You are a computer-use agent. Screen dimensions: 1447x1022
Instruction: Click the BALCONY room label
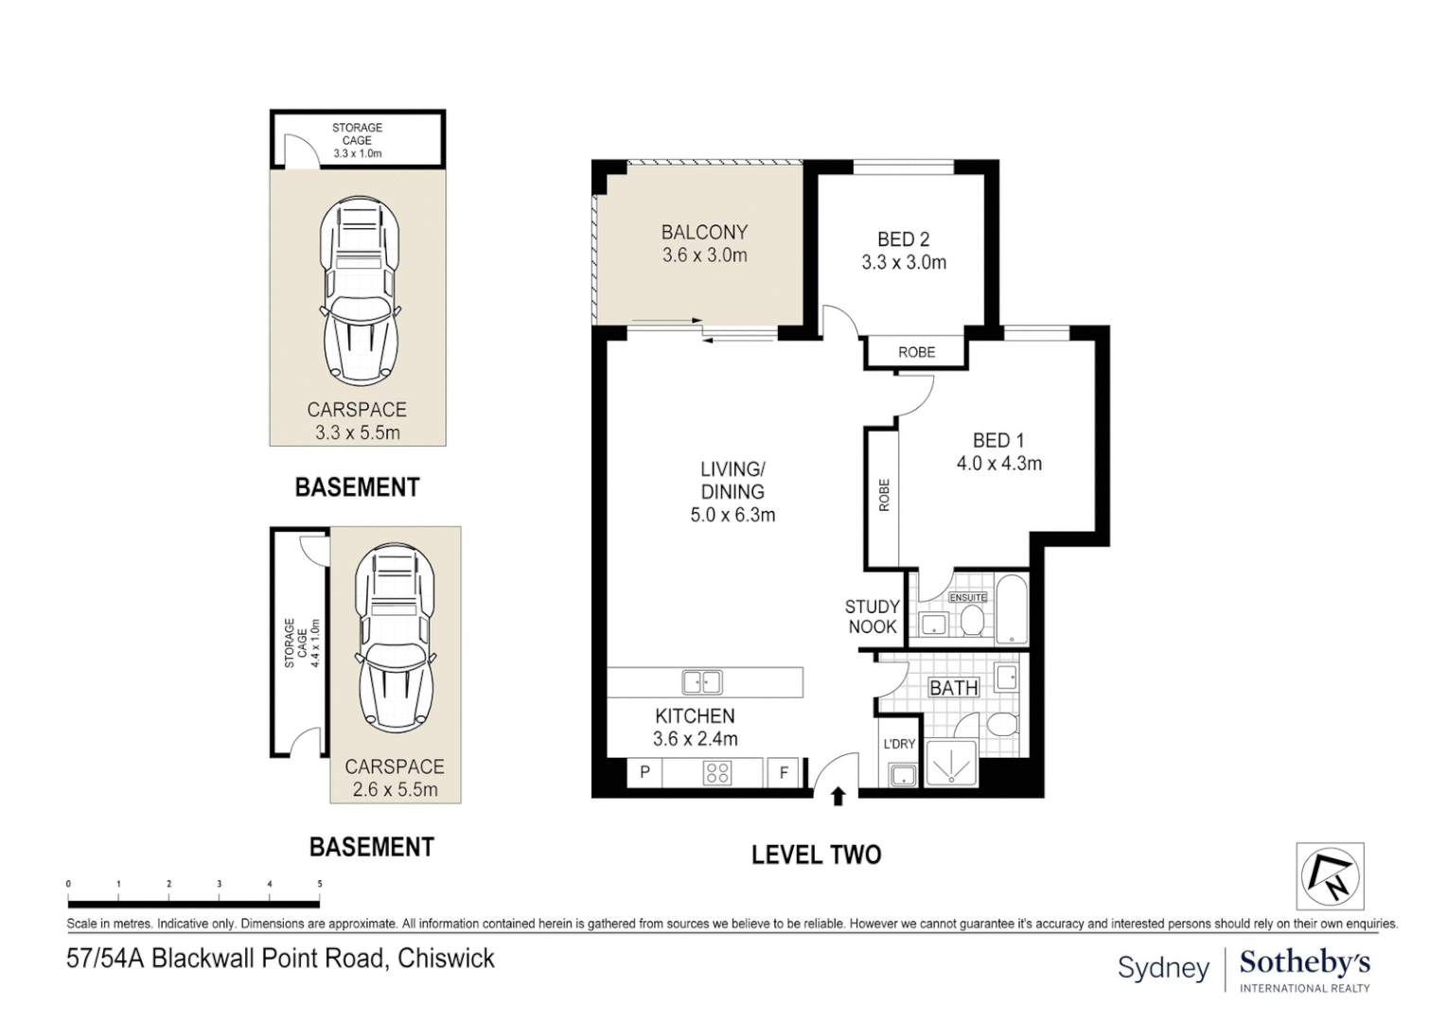click(704, 232)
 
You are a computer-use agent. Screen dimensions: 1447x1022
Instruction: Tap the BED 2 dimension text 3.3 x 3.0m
click(903, 263)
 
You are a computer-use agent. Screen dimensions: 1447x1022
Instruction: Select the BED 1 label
click(998, 441)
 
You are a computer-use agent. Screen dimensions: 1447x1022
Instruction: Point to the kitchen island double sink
click(702, 682)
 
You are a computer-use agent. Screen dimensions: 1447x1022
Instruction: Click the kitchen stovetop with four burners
click(717, 772)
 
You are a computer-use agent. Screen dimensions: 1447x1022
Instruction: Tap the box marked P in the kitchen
click(644, 772)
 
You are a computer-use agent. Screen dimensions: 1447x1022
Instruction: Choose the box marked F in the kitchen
click(784, 772)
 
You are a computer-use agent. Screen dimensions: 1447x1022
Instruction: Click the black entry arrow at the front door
click(838, 796)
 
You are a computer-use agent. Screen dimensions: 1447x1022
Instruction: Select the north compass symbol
click(1330, 876)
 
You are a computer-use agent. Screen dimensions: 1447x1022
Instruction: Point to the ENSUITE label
click(968, 597)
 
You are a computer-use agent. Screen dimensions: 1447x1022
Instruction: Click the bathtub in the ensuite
click(1012, 609)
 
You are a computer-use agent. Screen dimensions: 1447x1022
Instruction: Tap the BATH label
click(954, 688)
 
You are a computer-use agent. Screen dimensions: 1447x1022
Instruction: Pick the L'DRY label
click(899, 744)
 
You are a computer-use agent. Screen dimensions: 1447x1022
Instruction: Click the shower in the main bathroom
click(951, 764)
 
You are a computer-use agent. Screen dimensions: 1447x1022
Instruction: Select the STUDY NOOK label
click(872, 616)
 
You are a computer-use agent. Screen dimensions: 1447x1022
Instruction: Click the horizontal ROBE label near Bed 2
click(917, 352)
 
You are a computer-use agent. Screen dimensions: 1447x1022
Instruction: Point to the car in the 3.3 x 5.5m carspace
click(360, 292)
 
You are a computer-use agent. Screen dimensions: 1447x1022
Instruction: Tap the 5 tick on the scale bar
click(320, 884)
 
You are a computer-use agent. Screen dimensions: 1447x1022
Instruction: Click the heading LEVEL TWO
click(816, 855)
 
